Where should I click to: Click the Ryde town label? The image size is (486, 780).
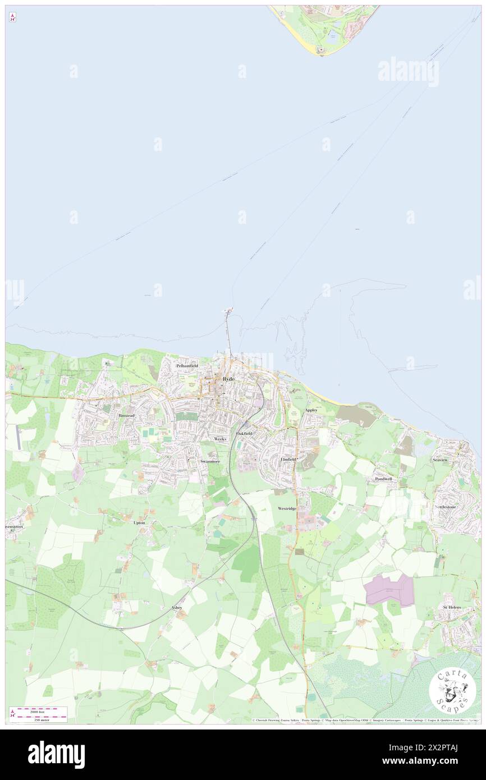[x=228, y=379]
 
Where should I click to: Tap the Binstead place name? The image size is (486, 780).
[x=127, y=415]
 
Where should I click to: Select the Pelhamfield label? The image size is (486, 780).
[x=187, y=365]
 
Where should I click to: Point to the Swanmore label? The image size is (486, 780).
[x=210, y=461]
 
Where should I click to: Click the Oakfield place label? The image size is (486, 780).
[x=244, y=434]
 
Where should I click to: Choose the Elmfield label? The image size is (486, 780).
[x=288, y=458]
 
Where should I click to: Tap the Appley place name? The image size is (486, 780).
[x=311, y=410]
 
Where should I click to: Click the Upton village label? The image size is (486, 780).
[x=139, y=522]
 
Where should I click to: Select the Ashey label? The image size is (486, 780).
[x=176, y=608]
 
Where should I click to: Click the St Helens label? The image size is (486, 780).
[x=452, y=607]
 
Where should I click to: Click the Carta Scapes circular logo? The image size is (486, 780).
[x=452, y=690]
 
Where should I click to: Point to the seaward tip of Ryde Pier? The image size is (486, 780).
[x=228, y=310]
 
